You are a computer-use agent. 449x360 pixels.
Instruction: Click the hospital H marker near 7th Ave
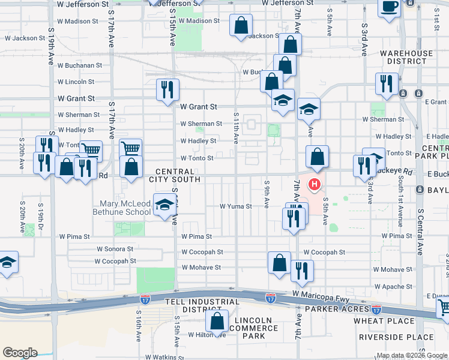point(313,183)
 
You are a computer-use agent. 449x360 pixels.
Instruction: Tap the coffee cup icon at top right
point(388,7)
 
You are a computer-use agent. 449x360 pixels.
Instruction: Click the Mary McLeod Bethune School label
point(121,208)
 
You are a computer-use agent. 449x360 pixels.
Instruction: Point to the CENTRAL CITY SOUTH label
point(179,176)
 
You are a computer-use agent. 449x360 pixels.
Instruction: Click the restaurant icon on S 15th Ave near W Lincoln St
point(167,89)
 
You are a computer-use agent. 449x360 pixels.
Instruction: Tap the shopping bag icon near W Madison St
point(241,26)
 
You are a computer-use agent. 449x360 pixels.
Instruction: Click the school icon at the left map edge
point(7,262)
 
